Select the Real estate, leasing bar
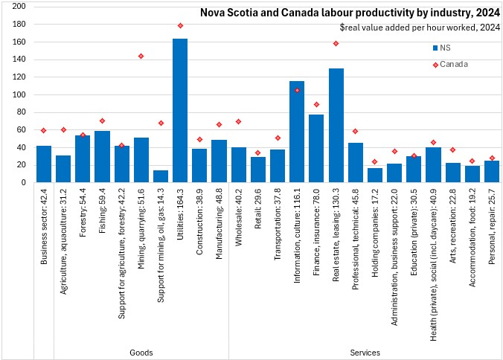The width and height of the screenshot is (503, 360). [x=336, y=125]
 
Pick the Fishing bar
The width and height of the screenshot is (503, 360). [x=102, y=156]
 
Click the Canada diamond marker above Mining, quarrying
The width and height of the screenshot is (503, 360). [x=141, y=56]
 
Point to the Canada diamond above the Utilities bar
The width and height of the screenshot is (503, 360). [x=180, y=25]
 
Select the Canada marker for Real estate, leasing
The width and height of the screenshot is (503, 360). [x=336, y=43]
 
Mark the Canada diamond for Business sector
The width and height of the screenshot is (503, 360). [x=44, y=130]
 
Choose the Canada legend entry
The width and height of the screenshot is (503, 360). [x=450, y=64]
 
